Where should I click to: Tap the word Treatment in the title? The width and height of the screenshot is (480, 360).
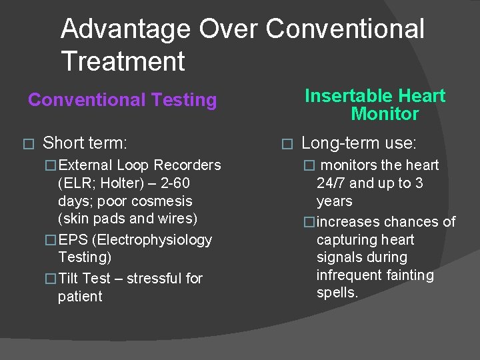point(123,61)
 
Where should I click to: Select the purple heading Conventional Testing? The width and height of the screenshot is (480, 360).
point(123,100)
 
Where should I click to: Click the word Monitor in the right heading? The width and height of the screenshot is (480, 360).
point(385,113)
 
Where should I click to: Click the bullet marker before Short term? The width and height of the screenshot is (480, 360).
point(27,143)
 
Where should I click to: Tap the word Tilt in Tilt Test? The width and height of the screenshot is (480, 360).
point(69,278)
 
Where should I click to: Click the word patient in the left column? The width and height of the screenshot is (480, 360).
point(80,296)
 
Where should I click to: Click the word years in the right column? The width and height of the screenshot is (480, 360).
point(335,201)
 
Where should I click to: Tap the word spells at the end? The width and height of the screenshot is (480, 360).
point(337,293)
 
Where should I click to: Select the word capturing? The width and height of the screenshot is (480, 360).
point(347,239)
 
